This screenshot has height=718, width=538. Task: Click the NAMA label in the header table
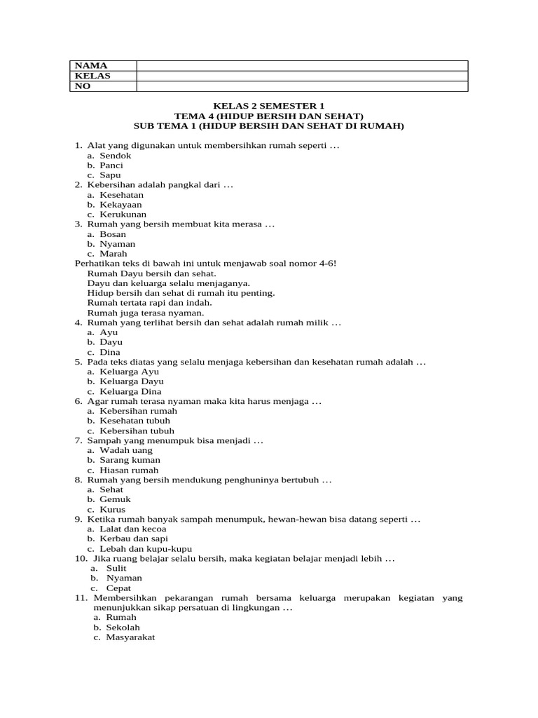coord(90,65)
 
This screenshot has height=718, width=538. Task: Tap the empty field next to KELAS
coord(302,76)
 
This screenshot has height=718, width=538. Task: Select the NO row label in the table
coord(83,86)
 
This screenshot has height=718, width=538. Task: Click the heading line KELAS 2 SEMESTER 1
coord(269,106)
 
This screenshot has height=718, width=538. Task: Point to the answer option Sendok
coord(115,156)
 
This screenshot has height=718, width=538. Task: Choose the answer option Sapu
coord(110,175)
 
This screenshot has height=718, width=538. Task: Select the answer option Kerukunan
coord(123,215)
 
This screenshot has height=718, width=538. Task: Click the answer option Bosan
coord(113,234)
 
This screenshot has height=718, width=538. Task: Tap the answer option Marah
coord(113,254)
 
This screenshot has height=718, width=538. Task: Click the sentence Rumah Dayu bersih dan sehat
coord(152,273)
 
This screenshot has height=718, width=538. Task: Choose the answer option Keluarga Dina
coord(130,391)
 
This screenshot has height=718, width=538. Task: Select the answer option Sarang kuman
coord(130,460)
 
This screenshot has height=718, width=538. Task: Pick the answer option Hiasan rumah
coord(129,470)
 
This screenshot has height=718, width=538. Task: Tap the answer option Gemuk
coord(115,499)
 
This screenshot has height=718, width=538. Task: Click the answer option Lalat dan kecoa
coord(133,529)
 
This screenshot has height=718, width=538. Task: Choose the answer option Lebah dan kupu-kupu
coord(146,548)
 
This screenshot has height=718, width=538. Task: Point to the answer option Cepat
coord(118,588)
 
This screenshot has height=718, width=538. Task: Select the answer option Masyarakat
coord(130,637)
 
